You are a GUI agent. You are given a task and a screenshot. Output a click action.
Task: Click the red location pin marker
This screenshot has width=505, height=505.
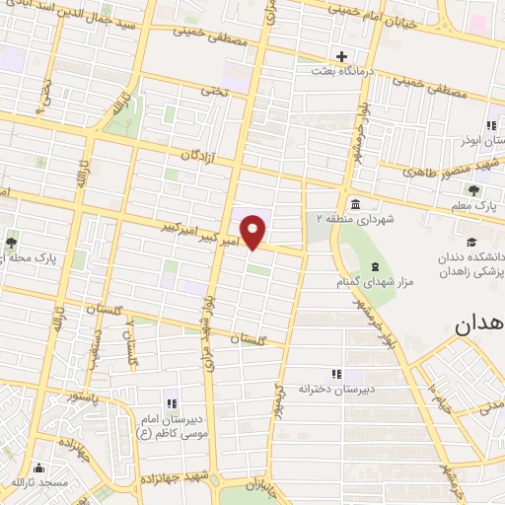tap(254, 231)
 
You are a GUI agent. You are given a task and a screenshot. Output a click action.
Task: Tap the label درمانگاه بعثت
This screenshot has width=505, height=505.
tap(341, 72)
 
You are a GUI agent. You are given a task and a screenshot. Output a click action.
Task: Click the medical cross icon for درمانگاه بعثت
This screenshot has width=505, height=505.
tap(341, 56)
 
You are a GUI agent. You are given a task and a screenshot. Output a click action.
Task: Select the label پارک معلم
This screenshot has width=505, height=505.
tap(474, 207)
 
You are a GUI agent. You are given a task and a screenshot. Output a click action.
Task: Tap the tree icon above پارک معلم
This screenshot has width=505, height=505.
tap(474, 190)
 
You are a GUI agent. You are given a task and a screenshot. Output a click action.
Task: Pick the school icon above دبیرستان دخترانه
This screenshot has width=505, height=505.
tap(336, 374)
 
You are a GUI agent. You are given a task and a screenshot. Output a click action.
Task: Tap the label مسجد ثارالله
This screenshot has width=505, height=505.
tap(38, 482)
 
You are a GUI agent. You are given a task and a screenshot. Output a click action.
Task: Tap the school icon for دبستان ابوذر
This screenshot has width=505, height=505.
tap(490, 125)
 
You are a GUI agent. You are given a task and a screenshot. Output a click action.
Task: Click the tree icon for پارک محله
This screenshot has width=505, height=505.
tap(12, 242)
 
